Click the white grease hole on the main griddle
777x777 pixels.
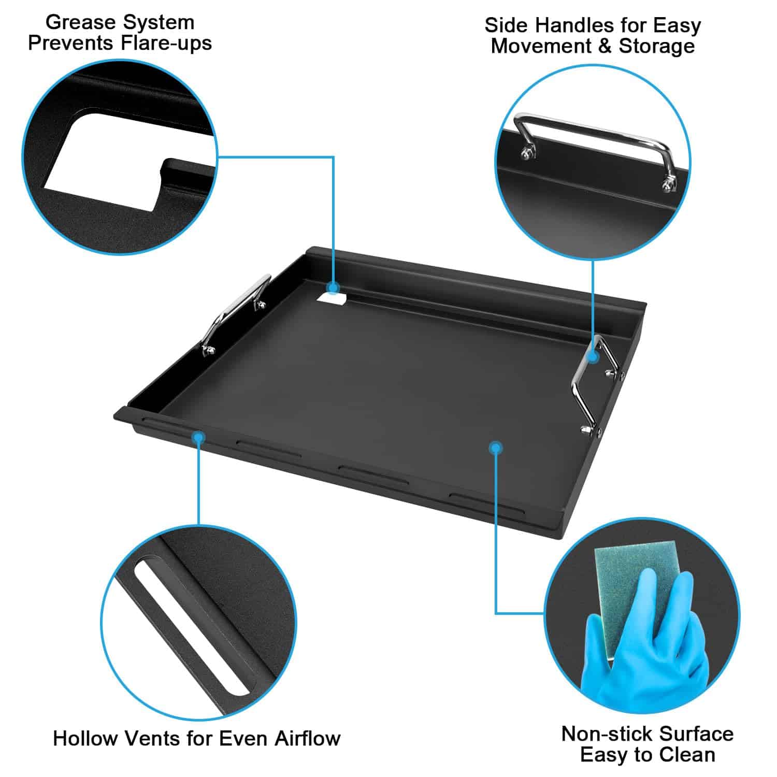tap(333, 299)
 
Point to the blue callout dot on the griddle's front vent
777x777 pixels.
tap(198, 438)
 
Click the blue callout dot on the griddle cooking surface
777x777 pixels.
tap(496, 448)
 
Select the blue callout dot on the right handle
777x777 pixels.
tap(594, 357)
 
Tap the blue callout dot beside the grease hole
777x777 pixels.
tap(333, 287)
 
